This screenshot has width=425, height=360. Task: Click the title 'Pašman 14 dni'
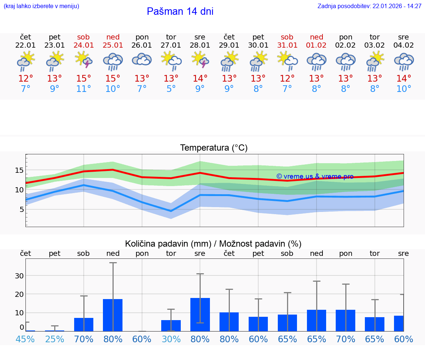pyautogui.click(x=180, y=11)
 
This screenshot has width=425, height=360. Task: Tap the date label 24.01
pyautogui.click(x=84, y=45)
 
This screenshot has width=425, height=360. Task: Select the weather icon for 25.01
pyautogui.click(x=113, y=61)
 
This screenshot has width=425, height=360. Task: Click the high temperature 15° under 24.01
pyautogui.click(x=84, y=79)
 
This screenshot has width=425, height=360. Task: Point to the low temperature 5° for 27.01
pyautogui.click(x=171, y=89)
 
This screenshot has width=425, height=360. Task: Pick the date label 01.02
pyautogui.click(x=316, y=45)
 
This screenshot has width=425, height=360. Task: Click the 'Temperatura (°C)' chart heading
pyautogui.click(x=214, y=148)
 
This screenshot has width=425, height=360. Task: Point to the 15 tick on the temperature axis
pyautogui.click(x=19, y=170)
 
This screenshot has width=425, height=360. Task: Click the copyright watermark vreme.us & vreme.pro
pyautogui.click(x=315, y=176)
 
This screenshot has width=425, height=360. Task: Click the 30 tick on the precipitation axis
pyautogui.click(x=19, y=275)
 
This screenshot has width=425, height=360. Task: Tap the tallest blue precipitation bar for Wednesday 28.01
pyautogui.click(x=200, y=314)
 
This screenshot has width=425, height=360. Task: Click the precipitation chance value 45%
pyautogui.click(x=25, y=339)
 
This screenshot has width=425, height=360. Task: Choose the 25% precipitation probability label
pyautogui.click(x=55, y=339)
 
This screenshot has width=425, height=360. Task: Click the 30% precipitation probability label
pyautogui.click(x=171, y=339)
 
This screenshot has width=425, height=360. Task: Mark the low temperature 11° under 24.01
pyautogui.click(x=84, y=89)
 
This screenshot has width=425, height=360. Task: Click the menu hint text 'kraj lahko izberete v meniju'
pyautogui.click(x=41, y=6)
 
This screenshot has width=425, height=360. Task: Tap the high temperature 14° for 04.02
pyautogui.click(x=404, y=79)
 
